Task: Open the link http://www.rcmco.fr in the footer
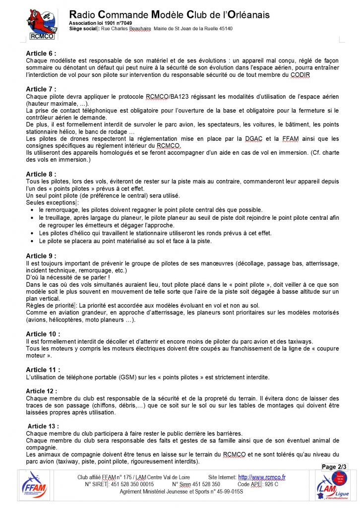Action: [x=262, y=477]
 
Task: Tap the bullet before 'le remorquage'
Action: [x=33, y=210]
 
